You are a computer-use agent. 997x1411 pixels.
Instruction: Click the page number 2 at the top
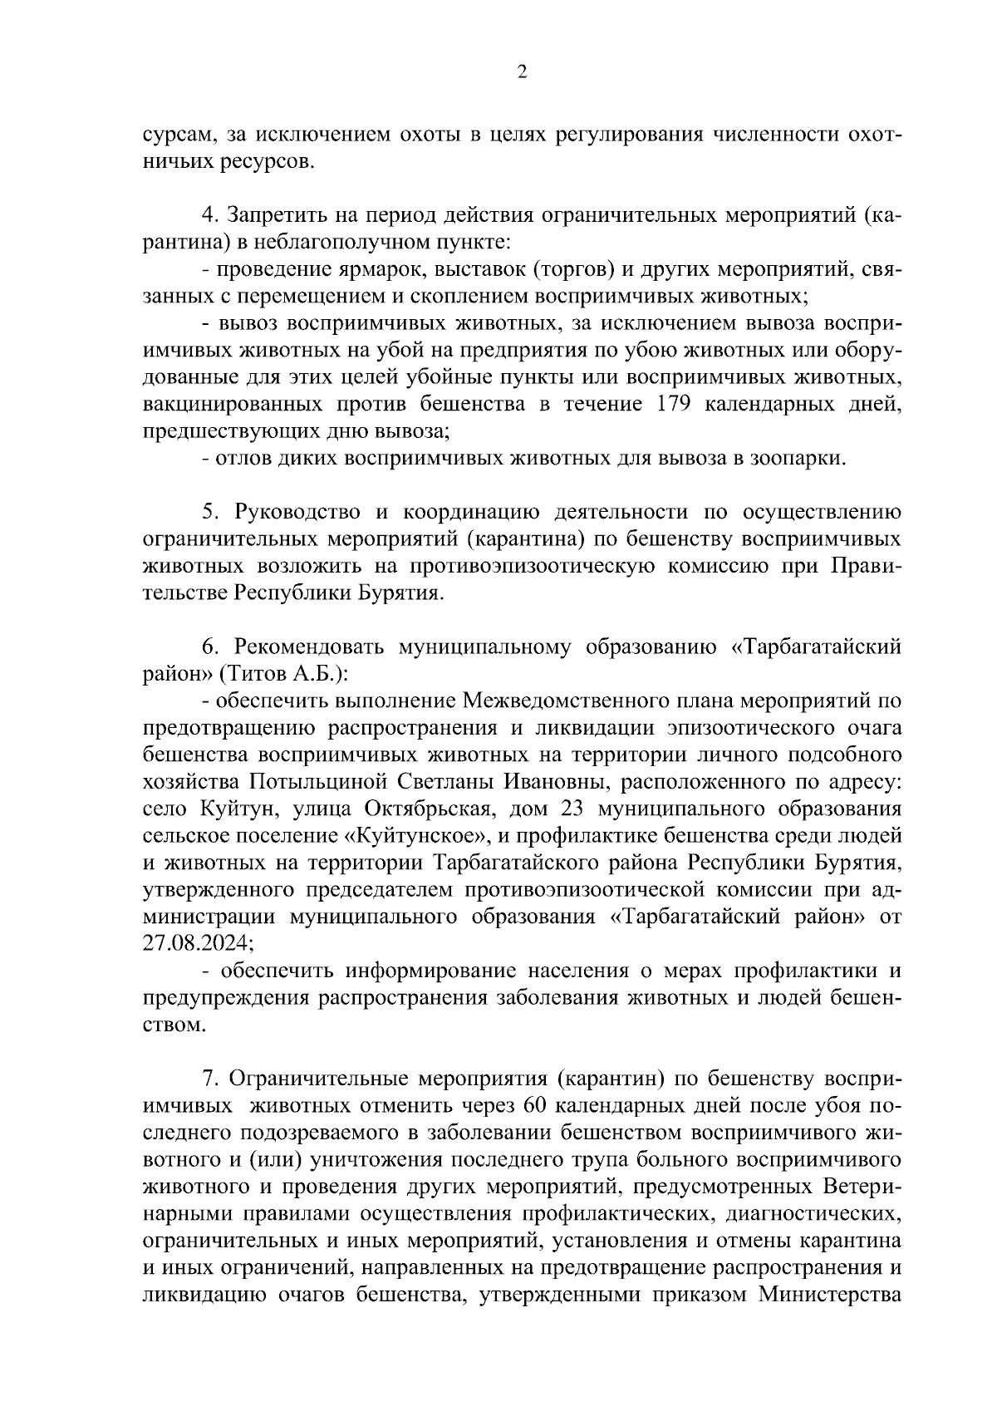point(521,72)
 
